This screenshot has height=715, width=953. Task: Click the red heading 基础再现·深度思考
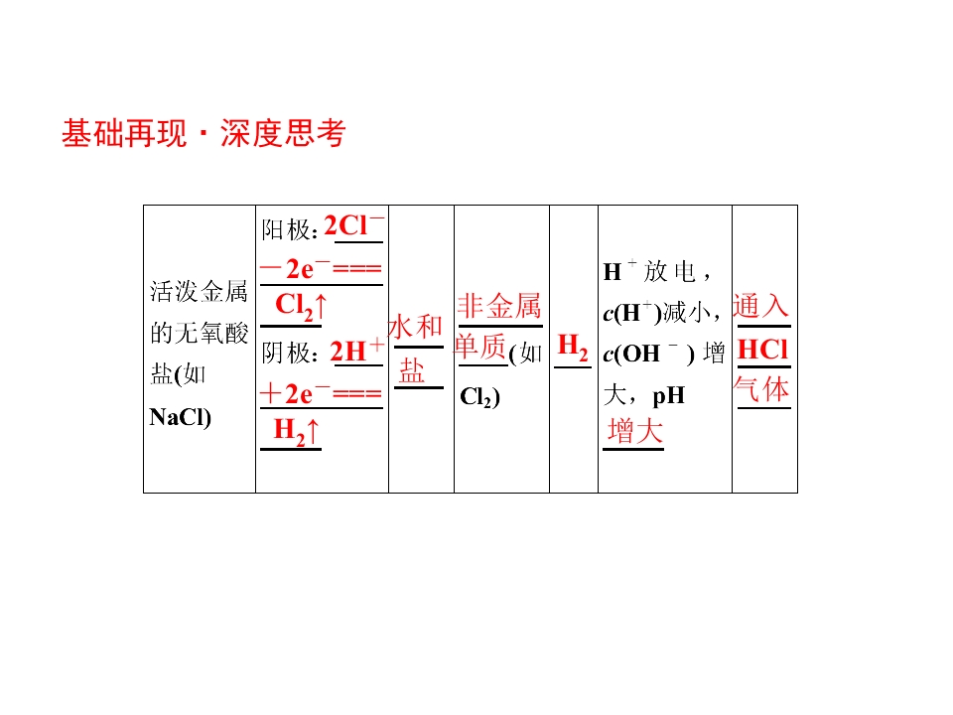(204, 133)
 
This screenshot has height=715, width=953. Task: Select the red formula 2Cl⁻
(353, 226)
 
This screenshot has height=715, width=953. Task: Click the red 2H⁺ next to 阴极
(356, 351)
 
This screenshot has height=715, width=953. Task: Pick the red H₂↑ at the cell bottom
(296, 430)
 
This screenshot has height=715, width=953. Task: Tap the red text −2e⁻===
(321, 268)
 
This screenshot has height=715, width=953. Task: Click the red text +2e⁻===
(321, 394)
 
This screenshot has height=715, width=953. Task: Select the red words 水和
(415, 327)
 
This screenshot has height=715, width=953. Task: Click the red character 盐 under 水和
(412, 370)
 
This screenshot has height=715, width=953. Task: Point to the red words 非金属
(499, 306)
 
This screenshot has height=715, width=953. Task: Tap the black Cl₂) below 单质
(480, 396)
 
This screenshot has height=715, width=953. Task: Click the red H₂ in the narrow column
(573, 348)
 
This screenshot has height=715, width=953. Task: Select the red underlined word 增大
(634, 431)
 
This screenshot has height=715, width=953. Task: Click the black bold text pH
(668, 396)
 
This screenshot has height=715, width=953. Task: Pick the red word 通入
(761, 306)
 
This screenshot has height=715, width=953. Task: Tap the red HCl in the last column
(762, 350)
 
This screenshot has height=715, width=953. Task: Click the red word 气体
(761, 389)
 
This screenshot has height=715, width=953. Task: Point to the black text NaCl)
(180, 417)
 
